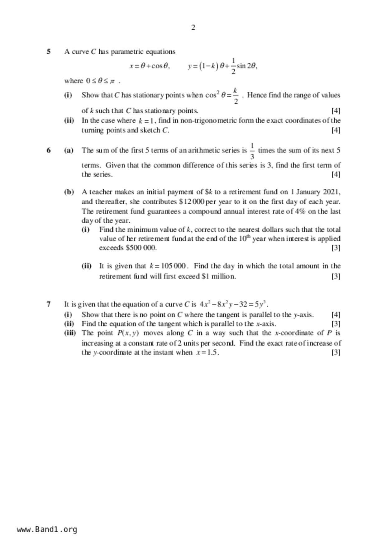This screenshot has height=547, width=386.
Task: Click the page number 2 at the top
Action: point(193,28)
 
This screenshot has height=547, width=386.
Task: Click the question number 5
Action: point(49,51)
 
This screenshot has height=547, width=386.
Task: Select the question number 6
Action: point(49,150)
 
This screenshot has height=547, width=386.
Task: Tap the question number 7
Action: point(49,304)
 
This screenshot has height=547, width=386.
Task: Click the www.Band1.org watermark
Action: point(47,530)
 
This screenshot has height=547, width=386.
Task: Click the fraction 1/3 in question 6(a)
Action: point(252,151)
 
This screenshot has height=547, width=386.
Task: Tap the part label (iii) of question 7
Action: point(70,333)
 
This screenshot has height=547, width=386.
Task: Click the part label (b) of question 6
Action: point(69,192)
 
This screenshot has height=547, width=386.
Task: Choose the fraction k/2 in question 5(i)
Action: point(236,96)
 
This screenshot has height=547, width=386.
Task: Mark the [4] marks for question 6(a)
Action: point(336,174)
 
